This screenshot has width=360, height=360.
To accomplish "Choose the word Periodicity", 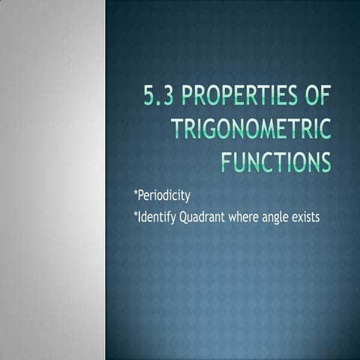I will point(162,196).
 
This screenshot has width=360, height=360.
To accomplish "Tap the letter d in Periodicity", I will point(170,196).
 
